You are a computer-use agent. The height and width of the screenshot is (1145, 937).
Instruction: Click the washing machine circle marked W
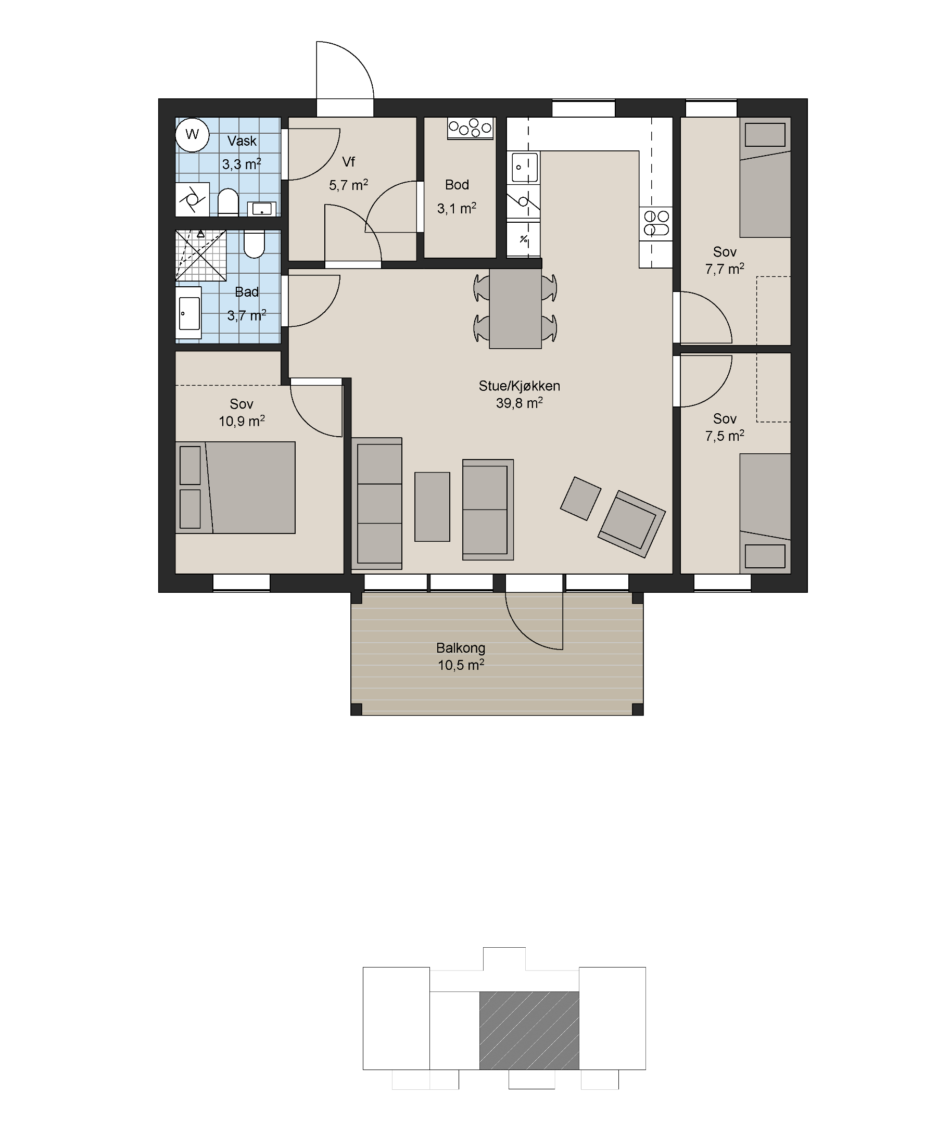pos(192,134)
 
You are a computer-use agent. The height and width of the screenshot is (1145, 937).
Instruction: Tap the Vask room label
pos(242,141)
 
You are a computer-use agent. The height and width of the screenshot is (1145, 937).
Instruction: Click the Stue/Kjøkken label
pos(519,386)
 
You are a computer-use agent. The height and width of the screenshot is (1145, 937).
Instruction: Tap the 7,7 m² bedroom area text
pos(725,268)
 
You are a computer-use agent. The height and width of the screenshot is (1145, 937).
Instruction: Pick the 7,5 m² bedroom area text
pos(725,435)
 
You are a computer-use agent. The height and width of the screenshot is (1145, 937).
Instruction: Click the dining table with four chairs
pos(515,309)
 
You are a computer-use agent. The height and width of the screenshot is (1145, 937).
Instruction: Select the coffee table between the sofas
pos(433,507)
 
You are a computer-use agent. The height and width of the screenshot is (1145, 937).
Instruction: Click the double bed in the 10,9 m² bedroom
pos(235,488)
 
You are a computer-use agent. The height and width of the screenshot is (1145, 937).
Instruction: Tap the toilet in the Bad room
pos(254,245)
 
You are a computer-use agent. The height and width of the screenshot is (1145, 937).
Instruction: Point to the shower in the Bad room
pos(201,256)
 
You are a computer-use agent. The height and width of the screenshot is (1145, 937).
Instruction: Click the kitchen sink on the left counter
pos(524,167)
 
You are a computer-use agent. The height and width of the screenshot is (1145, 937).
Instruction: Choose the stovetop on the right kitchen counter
pos(656,223)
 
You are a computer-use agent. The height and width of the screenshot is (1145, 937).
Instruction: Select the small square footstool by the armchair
pos(581,499)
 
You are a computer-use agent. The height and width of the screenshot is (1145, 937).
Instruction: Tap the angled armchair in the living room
pos(631,524)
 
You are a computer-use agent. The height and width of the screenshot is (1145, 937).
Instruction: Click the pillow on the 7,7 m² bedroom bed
pos(765,134)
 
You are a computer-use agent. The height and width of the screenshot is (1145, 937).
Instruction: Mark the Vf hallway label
pos(349,161)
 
